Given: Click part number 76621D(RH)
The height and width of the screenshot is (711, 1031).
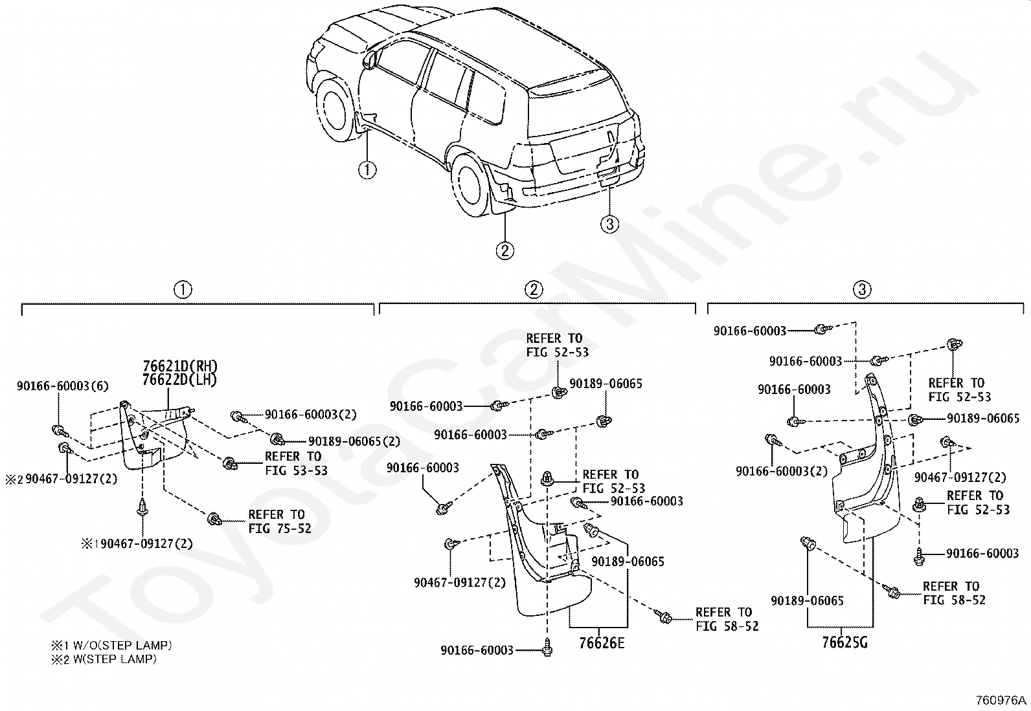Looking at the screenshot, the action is pos(180,367).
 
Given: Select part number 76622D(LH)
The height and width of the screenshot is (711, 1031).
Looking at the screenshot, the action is pos(179,380).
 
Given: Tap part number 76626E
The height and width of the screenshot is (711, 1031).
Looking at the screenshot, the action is pos(602,643).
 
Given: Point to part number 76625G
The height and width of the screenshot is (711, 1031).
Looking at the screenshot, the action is pos(844,642).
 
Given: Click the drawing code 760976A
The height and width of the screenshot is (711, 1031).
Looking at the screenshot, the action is pos(1001,701).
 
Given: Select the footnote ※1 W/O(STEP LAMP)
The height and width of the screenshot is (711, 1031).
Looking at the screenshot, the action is pos(111,645).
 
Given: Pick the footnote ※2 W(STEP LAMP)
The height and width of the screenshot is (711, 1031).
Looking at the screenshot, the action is pos(104,659).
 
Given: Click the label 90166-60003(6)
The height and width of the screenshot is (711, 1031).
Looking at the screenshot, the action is pos(63,386).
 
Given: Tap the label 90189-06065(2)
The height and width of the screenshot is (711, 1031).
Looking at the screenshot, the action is pos(354,441).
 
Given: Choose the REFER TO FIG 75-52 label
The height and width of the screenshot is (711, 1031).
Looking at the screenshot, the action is pos(280,521).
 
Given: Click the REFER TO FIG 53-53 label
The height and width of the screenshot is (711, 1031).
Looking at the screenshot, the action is pos(296,463).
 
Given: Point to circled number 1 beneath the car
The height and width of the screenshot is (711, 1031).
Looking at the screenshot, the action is pos(367,170).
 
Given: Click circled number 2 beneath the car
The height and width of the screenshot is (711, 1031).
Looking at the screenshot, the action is pos(505,250).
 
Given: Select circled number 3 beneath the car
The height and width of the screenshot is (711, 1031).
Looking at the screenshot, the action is pos(610,224).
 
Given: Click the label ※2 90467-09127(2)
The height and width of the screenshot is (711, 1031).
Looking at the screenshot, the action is pos(62,479).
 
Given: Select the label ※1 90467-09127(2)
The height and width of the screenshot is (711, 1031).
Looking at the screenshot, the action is pos(137,544).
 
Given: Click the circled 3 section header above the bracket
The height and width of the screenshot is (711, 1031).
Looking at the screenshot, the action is pos(862,289).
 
